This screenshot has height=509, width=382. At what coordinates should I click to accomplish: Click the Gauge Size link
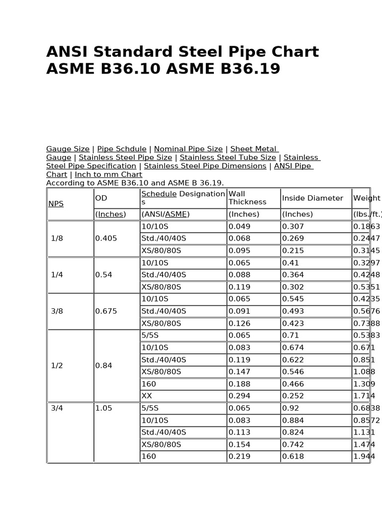point(68,149)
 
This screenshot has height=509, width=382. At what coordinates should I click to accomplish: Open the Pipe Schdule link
point(121,149)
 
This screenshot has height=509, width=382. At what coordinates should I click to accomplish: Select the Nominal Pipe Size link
point(188,149)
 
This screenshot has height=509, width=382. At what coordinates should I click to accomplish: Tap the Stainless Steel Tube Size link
point(228,158)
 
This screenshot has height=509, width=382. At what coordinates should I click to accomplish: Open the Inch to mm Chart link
point(108,174)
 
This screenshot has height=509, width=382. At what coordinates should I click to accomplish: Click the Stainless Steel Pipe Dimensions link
point(205,166)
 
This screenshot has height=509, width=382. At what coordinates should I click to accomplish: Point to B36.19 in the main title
point(248,69)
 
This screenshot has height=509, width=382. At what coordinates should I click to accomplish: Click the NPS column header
point(56,204)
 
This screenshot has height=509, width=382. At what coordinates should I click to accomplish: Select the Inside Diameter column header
point(312,198)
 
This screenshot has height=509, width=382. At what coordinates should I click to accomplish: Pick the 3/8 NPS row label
point(57,311)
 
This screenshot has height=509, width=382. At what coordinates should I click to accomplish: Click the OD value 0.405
point(106,238)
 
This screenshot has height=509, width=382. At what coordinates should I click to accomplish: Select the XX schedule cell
point(147,396)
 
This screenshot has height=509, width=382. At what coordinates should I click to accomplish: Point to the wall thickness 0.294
point(240,396)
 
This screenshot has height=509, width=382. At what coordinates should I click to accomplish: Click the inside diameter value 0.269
point(292,238)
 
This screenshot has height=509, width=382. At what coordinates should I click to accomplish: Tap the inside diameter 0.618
point(292,456)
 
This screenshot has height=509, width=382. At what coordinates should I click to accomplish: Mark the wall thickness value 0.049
point(240,226)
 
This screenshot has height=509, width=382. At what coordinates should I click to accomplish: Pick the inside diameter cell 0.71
point(290,336)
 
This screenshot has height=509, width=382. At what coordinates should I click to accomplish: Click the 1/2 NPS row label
point(57,365)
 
